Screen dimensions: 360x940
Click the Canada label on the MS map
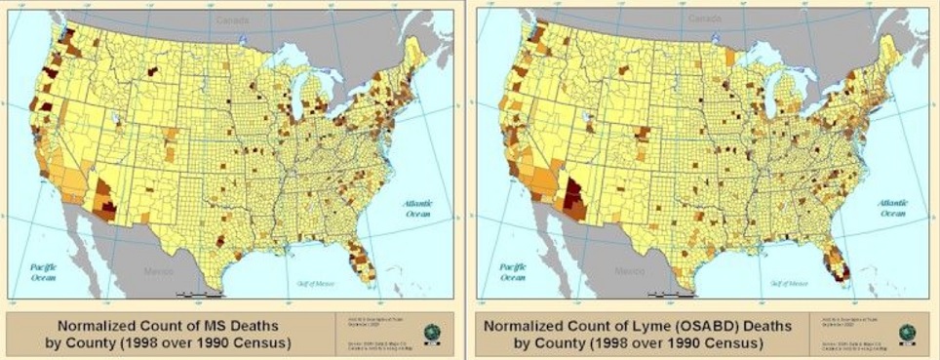(x=237, y=19)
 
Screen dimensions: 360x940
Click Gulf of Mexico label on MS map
(x=318, y=281)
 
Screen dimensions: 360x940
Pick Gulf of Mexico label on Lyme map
(x=786, y=281)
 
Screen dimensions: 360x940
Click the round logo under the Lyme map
(x=906, y=332)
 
